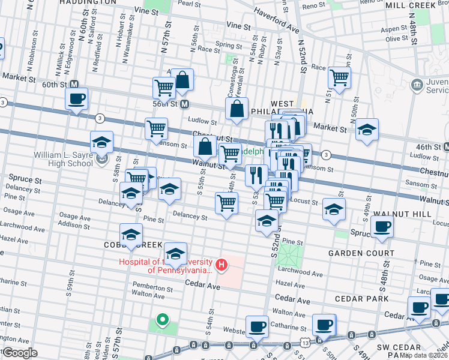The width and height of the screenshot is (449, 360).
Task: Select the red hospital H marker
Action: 221,264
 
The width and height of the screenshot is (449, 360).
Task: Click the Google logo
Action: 20,353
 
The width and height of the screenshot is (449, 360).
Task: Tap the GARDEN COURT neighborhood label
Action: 361,253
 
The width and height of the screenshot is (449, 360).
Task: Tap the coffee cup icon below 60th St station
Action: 76,98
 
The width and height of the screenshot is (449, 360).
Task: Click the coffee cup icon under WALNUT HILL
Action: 381,227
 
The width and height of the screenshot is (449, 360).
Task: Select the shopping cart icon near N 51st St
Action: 339,77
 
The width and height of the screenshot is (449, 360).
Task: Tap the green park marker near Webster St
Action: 161,320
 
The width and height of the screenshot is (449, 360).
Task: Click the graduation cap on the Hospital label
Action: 175,253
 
